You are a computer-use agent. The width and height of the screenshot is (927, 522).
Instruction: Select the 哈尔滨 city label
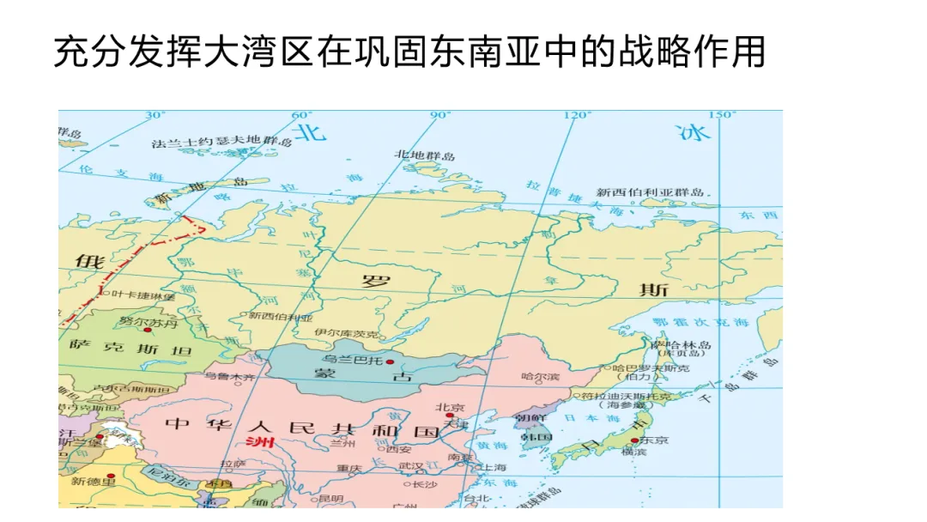(x=540, y=376)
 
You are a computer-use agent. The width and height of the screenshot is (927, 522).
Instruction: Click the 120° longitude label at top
(x=578, y=115)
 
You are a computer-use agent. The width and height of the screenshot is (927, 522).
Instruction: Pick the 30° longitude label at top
(x=154, y=115)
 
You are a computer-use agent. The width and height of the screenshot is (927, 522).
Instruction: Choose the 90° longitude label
(x=440, y=115)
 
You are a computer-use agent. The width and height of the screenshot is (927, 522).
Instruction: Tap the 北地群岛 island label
(x=425, y=155)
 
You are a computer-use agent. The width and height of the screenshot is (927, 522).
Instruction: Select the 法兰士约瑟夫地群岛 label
(x=222, y=143)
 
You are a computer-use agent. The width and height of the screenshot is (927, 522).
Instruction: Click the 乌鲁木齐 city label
(x=229, y=376)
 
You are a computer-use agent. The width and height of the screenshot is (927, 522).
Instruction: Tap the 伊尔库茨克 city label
(x=347, y=333)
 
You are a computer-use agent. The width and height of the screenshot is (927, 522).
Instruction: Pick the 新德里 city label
(x=92, y=481)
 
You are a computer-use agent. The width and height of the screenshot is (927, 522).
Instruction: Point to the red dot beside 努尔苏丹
(x=148, y=330)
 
